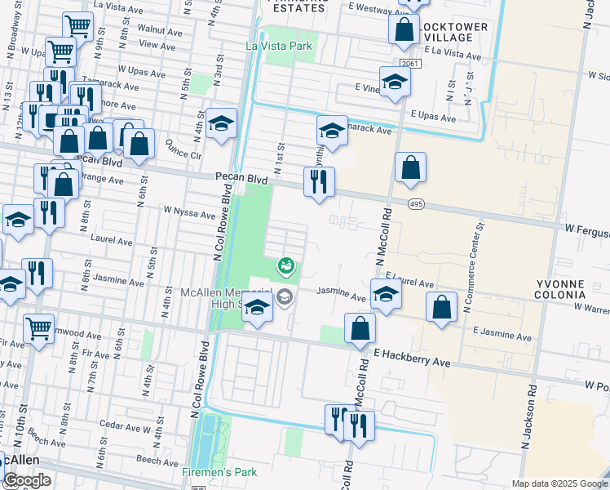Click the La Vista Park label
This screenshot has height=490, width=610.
[279, 46]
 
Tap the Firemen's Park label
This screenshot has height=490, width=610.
[218, 472]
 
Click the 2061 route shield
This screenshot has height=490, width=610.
[409, 63]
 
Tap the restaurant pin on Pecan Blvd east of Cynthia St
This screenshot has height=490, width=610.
[319, 180]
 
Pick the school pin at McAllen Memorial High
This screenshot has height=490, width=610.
[258, 308]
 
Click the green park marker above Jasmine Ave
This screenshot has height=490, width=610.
[285, 265]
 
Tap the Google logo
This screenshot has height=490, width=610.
[26, 480]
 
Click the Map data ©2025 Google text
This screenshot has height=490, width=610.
[559, 483]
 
